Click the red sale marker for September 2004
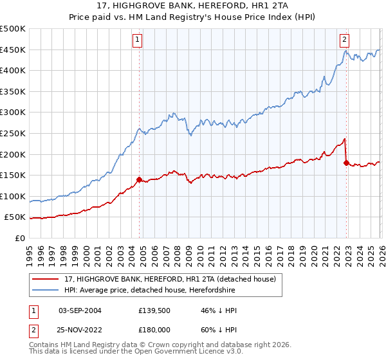pyautogui.click(x=139, y=179)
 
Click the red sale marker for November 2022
pyautogui.click(x=346, y=163)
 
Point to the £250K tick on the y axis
pyautogui.click(x=14, y=133)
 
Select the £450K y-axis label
pyautogui.click(x=14, y=50)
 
